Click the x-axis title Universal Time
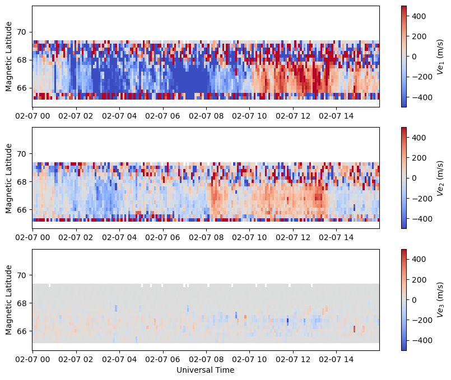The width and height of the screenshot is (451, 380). click(x=205, y=370)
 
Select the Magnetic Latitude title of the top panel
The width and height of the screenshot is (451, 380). click(x=9, y=56)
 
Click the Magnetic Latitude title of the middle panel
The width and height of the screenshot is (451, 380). click(x=9, y=177)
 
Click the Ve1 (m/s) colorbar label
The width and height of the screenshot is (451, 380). click(x=440, y=56)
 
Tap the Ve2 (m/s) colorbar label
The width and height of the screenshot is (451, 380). click(x=440, y=177)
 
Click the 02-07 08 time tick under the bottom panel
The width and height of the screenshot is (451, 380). click(x=206, y=359)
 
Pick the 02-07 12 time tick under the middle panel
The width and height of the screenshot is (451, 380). click(x=293, y=238)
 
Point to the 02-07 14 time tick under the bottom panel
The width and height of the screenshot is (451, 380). click(x=336, y=359)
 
